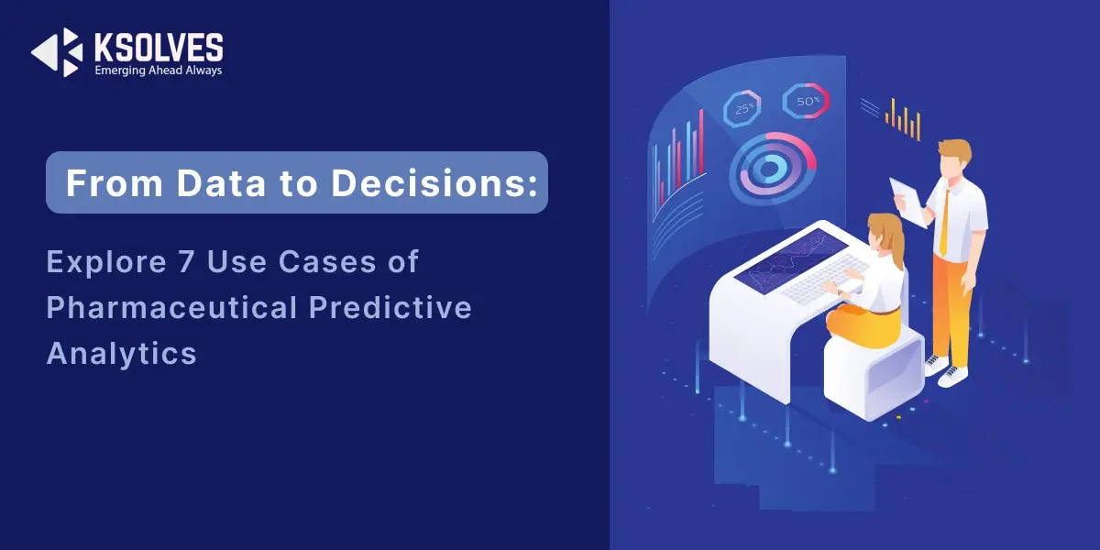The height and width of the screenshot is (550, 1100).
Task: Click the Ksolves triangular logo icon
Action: [58, 52]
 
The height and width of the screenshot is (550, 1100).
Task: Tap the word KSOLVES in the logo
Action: [159, 48]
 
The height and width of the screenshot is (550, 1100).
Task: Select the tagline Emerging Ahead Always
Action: [158, 71]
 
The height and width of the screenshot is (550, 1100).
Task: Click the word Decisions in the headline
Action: [434, 183]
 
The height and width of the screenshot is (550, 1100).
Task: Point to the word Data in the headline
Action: [221, 183]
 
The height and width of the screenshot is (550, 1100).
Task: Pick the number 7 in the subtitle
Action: [187, 261]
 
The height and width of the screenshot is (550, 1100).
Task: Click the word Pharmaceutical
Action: [172, 307]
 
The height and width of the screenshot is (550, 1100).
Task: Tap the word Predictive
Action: [390, 307]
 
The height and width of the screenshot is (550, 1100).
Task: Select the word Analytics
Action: [121, 354]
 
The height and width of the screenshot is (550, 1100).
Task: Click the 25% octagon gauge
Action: [742, 109]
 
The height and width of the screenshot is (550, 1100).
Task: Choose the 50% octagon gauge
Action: [806, 101]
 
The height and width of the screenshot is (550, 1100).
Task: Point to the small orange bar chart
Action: [903, 120]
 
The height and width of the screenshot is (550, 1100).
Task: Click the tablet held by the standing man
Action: [908, 203]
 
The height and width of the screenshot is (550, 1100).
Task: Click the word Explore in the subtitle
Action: [106, 262]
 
